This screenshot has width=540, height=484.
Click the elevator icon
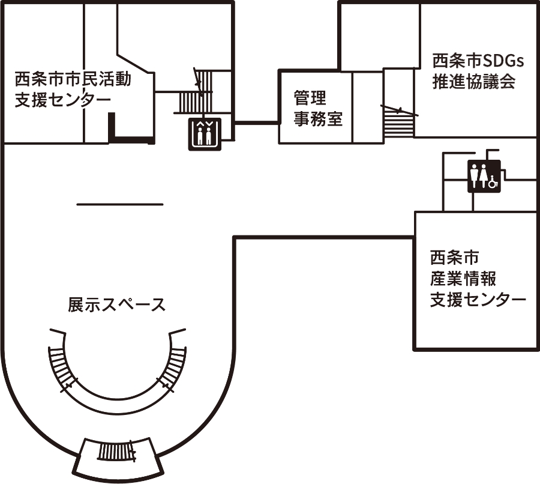pyautogui.click(x=205, y=134)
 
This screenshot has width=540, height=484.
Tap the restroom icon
pyautogui.click(x=484, y=176)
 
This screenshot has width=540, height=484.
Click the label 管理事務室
pyautogui.click(x=318, y=108)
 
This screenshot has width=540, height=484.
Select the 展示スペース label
pyautogui.click(x=117, y=304)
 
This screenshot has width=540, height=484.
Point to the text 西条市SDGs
pyautogui.click(x=478, y=61)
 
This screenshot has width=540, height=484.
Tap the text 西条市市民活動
pyautogui.click(x=73, y=79)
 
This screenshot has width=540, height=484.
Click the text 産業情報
pyautogui.click(x=463, y=279)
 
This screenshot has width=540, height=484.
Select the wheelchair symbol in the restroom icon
pyautogui.click(x=493, y=181)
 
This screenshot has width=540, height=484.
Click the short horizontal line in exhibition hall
pyautogui.click(x=120, y=204)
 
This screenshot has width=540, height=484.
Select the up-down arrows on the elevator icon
pyautogui.click(x=205, y=124)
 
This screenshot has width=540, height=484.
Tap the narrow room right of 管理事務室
pyautogui.click(x=367, y=107)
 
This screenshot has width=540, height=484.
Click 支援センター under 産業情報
pyautogui.click(x=478, y=299)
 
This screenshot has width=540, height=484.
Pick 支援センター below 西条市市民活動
pyautogui.click(x=62, y=100)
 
